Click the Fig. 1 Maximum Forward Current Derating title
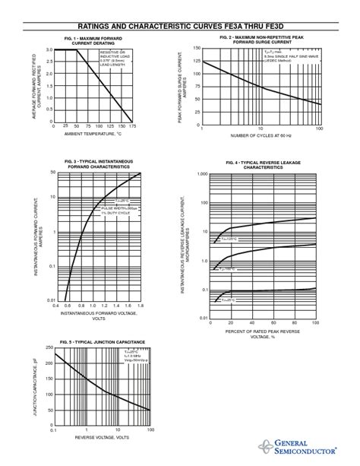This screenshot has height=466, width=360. pos(91,40)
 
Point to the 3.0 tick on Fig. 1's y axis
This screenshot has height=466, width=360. pos(49,49)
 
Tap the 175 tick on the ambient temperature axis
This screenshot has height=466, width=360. pos(132,126)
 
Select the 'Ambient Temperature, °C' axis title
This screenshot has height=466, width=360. pos(93,135)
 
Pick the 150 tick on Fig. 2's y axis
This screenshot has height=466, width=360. pos(196,48)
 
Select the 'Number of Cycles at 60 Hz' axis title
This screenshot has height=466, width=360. pos(261,135)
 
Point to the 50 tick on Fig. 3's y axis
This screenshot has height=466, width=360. pos(52,173)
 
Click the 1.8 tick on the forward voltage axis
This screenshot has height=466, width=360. pos(141,306)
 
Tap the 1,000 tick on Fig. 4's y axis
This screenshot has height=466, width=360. pos(201,174)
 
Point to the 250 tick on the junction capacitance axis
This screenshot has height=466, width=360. pos(49,347)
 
